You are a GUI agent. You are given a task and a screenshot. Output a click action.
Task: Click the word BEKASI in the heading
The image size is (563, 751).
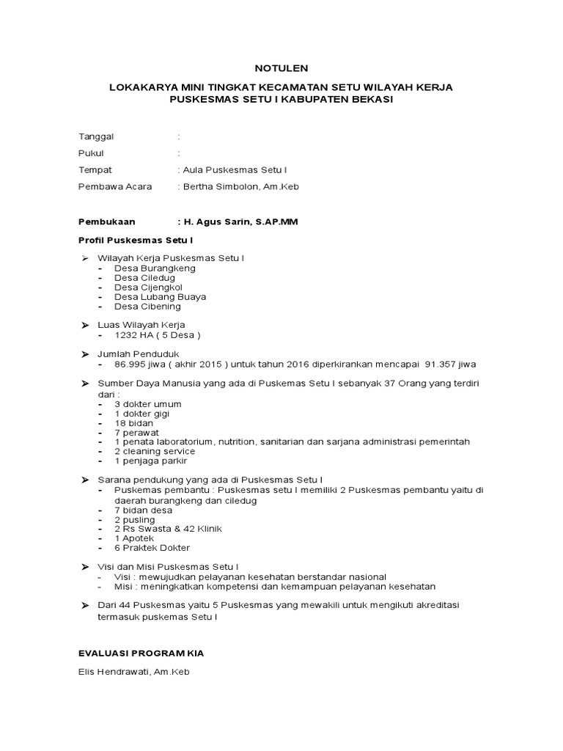[372, 100]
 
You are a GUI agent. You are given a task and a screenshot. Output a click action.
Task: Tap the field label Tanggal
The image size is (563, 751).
[96, 136]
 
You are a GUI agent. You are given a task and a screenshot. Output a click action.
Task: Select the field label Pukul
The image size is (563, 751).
[91, 153]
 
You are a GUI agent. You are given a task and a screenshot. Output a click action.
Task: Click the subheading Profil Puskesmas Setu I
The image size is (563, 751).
[135, 240]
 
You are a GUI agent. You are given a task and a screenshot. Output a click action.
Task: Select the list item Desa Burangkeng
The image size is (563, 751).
[155, 268]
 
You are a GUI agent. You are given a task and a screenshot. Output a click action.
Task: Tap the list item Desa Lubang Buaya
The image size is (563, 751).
[160, 297]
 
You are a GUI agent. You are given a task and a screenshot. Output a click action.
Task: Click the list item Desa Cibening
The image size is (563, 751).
[147, 307]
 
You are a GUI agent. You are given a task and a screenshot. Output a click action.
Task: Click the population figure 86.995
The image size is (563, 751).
[131, 364]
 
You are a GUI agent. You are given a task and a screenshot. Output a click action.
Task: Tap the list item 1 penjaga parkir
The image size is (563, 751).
[150, 461]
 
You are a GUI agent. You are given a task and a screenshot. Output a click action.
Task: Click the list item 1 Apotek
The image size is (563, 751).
[134, 538]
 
